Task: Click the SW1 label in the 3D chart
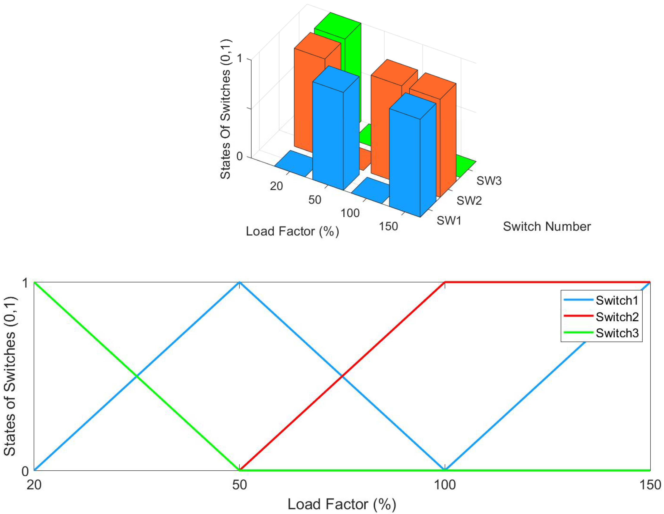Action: [x=449, y=220]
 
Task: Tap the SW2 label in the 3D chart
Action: [x=469, y=201]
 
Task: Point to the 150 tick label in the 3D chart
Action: [x=388, y=226]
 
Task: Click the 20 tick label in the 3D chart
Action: [x=276, y=186]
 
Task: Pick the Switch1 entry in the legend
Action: [x=617, y=300]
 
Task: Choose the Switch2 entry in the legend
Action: [x=617, y=317]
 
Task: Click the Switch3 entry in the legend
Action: [x=617, y=333]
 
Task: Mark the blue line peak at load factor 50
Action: [x=240, y=283]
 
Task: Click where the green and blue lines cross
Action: [x=137, y=377]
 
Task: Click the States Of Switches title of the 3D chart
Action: [x=226, y=109]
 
